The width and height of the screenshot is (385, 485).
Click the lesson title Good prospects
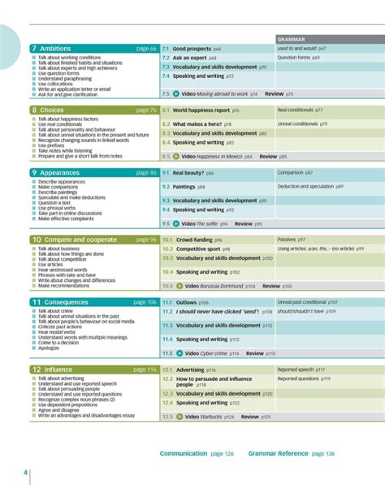pos(192,49)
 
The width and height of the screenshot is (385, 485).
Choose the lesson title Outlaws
pos(186,302)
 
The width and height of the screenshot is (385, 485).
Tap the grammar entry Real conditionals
pos(296,110)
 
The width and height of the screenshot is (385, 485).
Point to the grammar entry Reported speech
pos(296,369)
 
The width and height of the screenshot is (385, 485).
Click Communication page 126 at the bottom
pos(197,453)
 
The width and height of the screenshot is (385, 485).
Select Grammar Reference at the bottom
pos(281,453)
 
